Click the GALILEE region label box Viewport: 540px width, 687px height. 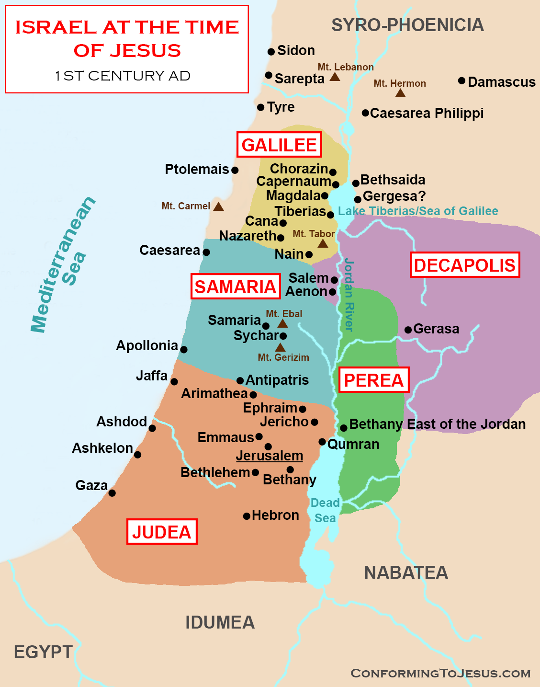(279, 145)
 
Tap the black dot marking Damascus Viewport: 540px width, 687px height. (461, 80)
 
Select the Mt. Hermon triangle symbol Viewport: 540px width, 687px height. (400, 93)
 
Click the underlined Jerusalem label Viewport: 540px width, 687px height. (270, 456)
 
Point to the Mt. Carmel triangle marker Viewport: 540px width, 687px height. (218, 206)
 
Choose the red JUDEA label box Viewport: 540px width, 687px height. (162, 532)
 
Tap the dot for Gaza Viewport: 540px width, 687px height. (112, 493)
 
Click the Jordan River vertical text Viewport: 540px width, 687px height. (349, 295)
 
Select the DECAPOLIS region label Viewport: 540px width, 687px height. (465, 265)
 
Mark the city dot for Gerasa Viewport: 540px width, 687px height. (408, 330)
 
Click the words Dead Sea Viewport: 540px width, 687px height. (325, 510)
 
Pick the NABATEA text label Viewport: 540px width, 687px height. (406, 572)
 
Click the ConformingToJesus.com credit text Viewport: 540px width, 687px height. (440, 673)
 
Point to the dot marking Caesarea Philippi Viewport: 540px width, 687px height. (365, 113)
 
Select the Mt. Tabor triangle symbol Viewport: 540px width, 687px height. (323, 243)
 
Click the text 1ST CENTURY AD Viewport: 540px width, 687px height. (123, 76)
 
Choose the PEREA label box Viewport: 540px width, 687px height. (374, 380)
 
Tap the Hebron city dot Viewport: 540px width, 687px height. (247, 516)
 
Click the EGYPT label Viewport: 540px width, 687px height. (43, 652)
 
